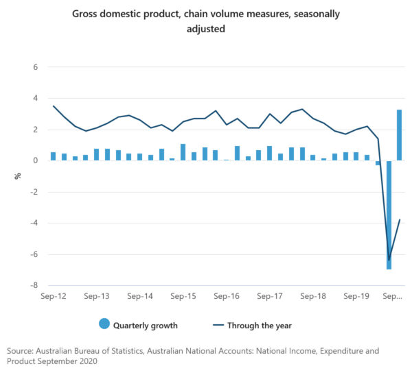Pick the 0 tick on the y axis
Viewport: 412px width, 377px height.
(34, 161)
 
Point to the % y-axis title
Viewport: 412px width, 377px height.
(19, 177)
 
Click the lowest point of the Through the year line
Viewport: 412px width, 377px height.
(389, 260)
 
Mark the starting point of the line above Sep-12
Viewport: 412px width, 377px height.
(54, 106)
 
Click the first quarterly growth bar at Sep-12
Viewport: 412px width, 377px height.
(54, 156)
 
